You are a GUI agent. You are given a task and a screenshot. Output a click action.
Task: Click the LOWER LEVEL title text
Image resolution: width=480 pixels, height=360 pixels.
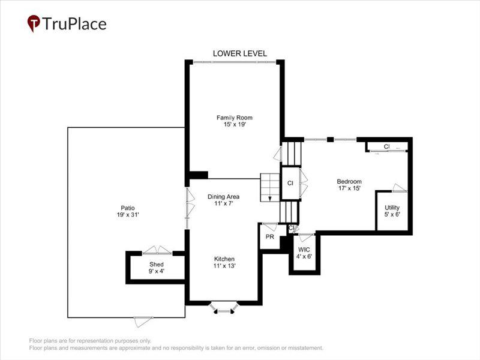coord(240,53)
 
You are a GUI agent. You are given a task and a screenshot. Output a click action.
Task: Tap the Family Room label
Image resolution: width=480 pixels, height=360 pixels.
coord(232,117)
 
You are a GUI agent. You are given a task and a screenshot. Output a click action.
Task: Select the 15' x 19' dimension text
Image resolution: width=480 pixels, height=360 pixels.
coord(232,125)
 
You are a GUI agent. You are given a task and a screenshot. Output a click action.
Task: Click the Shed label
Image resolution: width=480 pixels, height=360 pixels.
coord(157,263)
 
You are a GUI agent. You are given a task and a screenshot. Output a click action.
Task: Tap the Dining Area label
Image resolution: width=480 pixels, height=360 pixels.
coord(224,197)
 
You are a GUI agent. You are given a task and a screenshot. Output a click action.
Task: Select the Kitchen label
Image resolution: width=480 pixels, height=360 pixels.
coord(224,259)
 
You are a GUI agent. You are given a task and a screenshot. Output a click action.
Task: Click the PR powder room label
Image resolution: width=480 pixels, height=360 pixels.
coord(269,237)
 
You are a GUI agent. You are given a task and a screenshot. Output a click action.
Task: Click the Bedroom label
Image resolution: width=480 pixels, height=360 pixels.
coord(349,181)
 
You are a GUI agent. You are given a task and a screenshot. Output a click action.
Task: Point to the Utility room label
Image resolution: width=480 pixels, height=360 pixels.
coord(392,208)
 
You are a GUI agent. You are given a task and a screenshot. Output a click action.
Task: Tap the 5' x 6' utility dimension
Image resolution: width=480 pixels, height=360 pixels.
coord(392,215)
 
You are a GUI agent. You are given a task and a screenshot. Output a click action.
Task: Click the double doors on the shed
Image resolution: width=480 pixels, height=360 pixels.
coord(157,250)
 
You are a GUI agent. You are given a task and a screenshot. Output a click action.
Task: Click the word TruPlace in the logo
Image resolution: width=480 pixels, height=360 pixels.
coord(74,24)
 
